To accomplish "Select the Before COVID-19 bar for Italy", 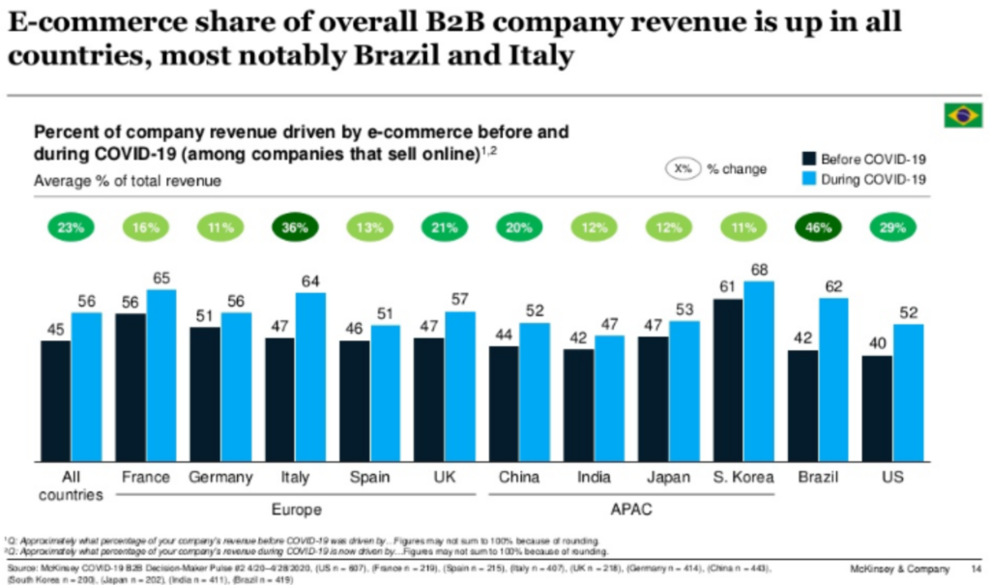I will pyautogui.click(x=280, y=400).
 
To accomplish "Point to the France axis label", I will pyautogui.click(x=147, y=477).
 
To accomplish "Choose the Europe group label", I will pyautogui.click(x=296, y=509).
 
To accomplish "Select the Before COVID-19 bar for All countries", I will pyautogui.click(x=56, y=402).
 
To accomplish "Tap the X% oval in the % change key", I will pyautogui.click(x=683, y=169).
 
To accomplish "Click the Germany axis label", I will pyautogui.click(x=220, y=477).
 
